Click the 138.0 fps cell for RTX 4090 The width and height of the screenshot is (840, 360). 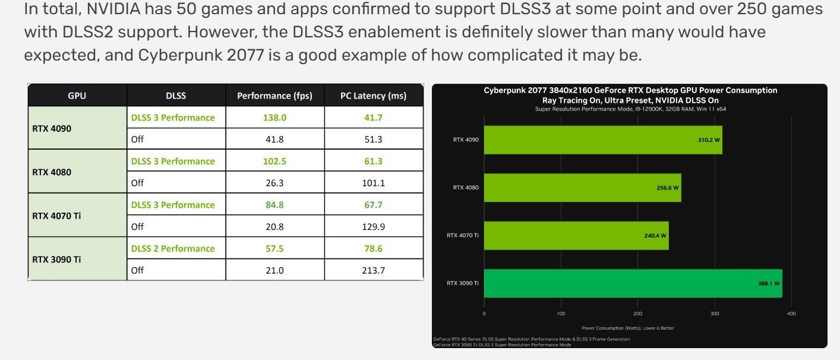pos(274,118)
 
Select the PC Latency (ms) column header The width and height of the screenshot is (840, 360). pos(373,96)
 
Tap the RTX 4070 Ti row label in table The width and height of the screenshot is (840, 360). pos(56,216)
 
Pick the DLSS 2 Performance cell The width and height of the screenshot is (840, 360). pos(173,248)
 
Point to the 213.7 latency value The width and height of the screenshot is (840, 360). pos(373,270)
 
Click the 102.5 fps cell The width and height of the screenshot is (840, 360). pos(274,161)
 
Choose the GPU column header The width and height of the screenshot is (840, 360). pos(77,96)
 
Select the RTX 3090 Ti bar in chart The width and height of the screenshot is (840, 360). pos(633,283)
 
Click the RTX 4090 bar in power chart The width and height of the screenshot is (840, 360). pos(602,140)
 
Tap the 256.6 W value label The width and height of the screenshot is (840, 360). pos(668,188)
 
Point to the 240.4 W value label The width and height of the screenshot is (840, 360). pos(655,235)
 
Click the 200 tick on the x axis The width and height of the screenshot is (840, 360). pos(637,313)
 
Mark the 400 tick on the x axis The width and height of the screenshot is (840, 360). pos(791,313)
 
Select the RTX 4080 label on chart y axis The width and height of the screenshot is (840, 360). pos(466,188)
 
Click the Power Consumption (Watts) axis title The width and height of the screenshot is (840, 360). pos(627,328)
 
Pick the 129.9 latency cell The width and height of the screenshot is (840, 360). pos(373,226)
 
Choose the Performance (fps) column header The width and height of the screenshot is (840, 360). pos(274,96)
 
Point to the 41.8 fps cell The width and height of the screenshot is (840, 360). pos(274,140)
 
